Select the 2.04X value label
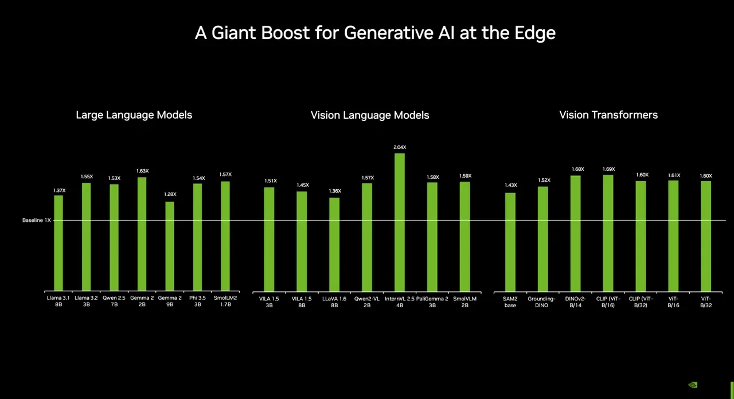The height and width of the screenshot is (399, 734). click(x=400, y=147)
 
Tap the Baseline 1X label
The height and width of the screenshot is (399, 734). click(x=36, y=220)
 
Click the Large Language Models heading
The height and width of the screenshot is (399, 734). click(x=134, y=115)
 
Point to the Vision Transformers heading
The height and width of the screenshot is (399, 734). click(x=608, y=115)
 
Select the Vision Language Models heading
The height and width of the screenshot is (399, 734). click(x=370, y=115)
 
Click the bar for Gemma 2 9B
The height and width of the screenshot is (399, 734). click(x=170, y=247)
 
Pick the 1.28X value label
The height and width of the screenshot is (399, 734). click(x=170, y=194)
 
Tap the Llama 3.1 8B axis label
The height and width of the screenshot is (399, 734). click(x=58, y=302)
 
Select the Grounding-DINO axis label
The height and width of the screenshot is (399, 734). click(x=542, y=302)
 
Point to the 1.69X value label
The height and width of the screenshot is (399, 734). click(x=608, y=169)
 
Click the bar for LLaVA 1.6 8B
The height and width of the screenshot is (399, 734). click(x=334, y=244)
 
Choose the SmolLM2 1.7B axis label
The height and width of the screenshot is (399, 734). click(x=225, y=302)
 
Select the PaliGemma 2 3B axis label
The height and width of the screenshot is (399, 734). click(x=432, y=302)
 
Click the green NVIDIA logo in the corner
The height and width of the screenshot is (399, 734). click(x=693, y=385)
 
